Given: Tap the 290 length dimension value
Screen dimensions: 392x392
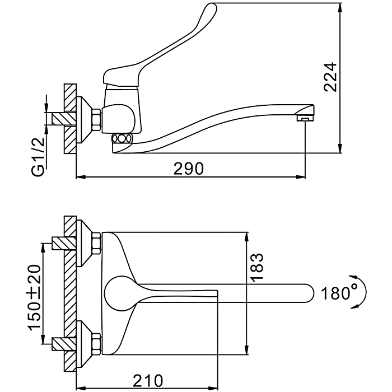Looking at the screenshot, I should [x=189, y=168].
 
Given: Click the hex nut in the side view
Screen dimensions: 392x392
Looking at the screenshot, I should [x=96, y=118].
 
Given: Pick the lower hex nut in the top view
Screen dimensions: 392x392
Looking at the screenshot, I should [x=96, y=341].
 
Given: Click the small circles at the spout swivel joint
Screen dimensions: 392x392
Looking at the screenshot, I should [x=122, y=139].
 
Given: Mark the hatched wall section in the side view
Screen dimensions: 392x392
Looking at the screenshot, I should [x=69, y=119].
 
